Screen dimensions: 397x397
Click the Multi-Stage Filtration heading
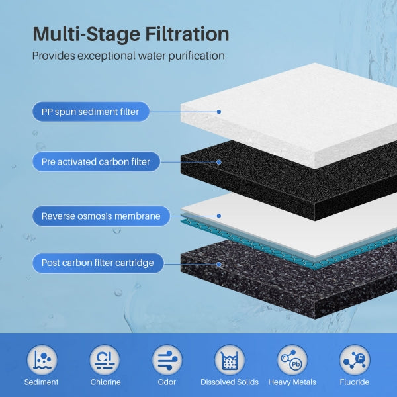click(x=130, y=34)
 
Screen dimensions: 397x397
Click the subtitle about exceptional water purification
click(x=128, y=56)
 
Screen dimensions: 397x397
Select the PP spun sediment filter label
click(x=90, y=112)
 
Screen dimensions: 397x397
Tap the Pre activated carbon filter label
click(x=95, y=161)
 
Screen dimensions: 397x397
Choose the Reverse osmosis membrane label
click(x=101, y=216)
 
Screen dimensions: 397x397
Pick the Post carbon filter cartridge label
click(x=97, y=263)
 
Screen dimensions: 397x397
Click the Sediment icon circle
click(x=41, y=361)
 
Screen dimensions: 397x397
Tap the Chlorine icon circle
click(x=105, y=361)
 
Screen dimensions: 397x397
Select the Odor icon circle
click(x=167, y=361)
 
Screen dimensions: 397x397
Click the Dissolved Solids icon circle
click(x=230, y=361)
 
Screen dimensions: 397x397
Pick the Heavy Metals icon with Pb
click(x=292, y=361)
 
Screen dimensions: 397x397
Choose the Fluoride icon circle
click(x=355, y=361)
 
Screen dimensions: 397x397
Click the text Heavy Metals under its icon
click(x=292, y=382)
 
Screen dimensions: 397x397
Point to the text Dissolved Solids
click(x=230, y=382)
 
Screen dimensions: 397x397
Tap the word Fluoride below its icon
click(x=355, y=382)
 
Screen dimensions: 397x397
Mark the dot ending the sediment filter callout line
click(x=219, y=112)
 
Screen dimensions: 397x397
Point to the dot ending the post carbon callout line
click(x=219, y=263)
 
